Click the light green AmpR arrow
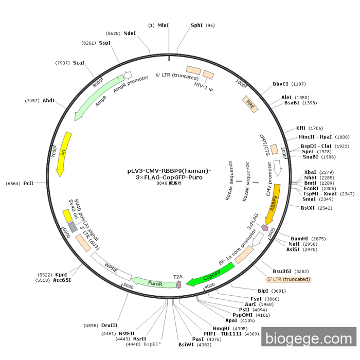[x=98, y=98]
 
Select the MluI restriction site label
[x=163, y=25]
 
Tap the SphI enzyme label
[x=196, y=25]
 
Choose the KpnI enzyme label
[x=61, y=275]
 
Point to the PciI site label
[x=28, y=184]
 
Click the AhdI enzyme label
[x=48, y=100]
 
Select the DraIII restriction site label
[x=109, y=326]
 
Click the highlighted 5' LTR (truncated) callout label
[x=289, y=279]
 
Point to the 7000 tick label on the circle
[x=54, y=153]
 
